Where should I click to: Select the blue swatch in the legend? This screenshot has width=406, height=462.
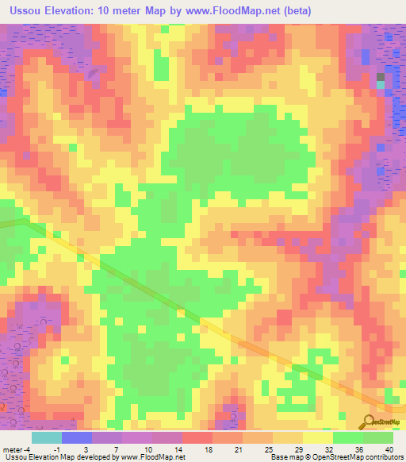click(77, 437)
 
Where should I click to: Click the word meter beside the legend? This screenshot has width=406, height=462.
click(13, 449)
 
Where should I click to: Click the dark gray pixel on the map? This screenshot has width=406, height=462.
click(381, 76)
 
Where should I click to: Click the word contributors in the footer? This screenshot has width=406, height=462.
click(384, 457)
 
